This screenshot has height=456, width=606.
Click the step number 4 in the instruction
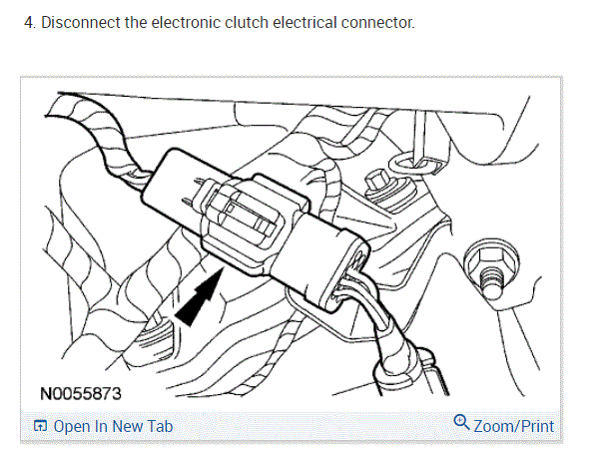(28, 21)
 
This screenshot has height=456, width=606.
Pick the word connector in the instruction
(380, 21)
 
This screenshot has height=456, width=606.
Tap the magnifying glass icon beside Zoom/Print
(461, 423)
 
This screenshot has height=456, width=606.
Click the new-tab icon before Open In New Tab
(41, 427)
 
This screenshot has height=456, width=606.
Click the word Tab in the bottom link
(160, 426)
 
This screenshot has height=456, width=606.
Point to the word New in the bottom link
(128, 426)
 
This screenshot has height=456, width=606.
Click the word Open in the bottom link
(73, 426)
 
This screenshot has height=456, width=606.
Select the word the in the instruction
(136, 21)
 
